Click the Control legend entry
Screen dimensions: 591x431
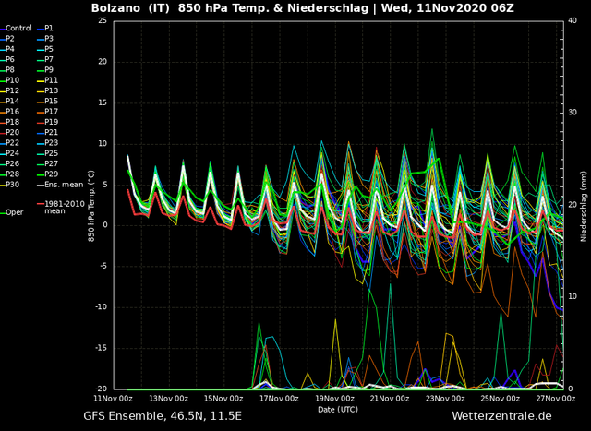(16, 29)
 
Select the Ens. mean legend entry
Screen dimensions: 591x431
(60, 185)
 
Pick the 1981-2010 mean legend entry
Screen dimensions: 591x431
(61, 208)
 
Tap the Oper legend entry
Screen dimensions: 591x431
(12, 212)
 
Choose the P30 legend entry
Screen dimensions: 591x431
(10, 185)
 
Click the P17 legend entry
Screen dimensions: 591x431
(47, 112)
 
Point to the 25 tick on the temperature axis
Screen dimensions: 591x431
(103, 20)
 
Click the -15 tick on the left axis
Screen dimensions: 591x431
(101, 348)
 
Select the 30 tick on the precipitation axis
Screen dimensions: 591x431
(573, 113)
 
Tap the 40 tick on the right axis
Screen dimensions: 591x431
(573, 20)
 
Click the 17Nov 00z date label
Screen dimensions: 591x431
(279, 398)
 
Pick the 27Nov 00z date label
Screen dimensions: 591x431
(556, 398)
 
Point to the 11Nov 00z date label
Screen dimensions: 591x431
(113, 398)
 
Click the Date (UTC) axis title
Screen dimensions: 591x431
(338, 409)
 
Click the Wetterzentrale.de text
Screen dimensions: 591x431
(501, 416)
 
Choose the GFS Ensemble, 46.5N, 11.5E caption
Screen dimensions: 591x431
(163, 416)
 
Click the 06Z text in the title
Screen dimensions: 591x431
(502, 8)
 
